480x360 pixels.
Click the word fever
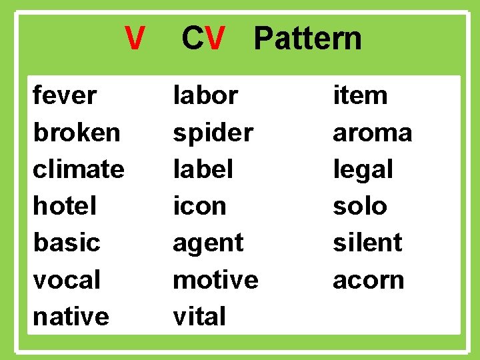(x=65, y=95)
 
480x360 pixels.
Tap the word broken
(x=77, y=133)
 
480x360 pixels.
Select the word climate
(x=78, y=169)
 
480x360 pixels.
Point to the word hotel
(x=65, y=206)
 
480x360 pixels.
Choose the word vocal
(x=67, y=280)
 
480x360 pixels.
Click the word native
(x=71, y=316)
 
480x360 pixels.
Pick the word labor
(x=205, y=95)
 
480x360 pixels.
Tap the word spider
(x=213, y=133)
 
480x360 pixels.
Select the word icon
(x=199, y=206)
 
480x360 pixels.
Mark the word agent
(x=208, y=243)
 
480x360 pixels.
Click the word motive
(x=215, y=279)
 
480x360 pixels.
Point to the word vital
(x=199, y=316)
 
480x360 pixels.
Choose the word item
(x=360, y=95)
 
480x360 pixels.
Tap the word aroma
(x=372, y=133)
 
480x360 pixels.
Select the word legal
(x=363, y=169)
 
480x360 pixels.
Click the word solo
(x=359, y=206)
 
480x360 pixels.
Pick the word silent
(x=367, y=243)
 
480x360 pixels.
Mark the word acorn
(x=368, y=280)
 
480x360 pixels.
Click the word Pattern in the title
(x=307, y=39)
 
